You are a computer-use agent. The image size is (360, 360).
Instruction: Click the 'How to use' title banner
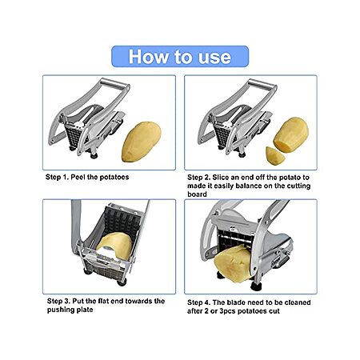(180, 57)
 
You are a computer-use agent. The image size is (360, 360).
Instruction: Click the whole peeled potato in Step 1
(142, 142)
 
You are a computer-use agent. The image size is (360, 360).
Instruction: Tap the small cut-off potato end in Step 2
(274, 156)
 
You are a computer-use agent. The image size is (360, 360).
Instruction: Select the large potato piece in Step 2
(291, 135)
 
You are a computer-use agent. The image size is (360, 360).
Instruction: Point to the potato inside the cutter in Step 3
(115, 245)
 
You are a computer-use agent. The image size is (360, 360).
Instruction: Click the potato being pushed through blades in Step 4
(233, 263)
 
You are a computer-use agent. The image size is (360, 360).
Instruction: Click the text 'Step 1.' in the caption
(57, 177)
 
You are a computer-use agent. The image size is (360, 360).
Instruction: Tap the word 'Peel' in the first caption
(78, 177)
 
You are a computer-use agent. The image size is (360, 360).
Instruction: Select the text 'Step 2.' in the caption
(198, 178)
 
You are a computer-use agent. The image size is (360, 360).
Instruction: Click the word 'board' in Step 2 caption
(197, 194)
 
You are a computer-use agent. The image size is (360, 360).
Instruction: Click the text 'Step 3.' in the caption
(58, 301)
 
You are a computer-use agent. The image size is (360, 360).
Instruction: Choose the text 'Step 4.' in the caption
(198, 302)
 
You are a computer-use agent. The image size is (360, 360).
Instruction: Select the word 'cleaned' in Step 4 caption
(298, 302)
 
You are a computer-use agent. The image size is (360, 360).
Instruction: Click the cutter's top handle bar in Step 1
(114, 85)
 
